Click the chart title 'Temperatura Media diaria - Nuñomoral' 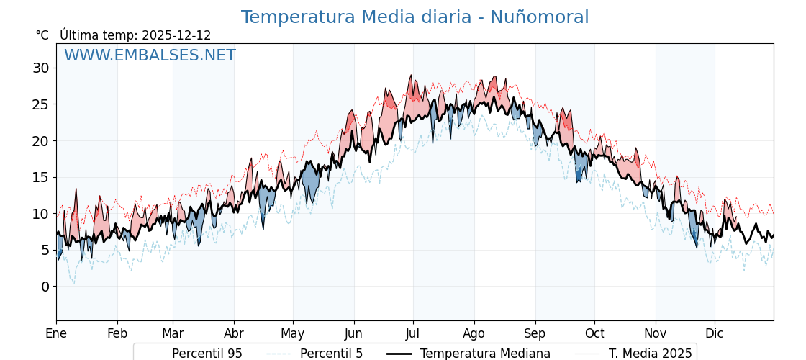415,17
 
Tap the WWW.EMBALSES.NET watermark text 150,55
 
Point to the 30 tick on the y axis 40,68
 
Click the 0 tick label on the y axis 45,287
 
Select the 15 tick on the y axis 40,177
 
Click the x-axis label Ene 56,333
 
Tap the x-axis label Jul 413,333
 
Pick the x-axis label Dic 715,333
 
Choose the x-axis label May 293,333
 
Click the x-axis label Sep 535,333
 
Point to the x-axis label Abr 234,333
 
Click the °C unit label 42,35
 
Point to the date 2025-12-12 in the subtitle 176,35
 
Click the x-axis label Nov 656,333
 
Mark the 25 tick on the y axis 40,104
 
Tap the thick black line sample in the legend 399,354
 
